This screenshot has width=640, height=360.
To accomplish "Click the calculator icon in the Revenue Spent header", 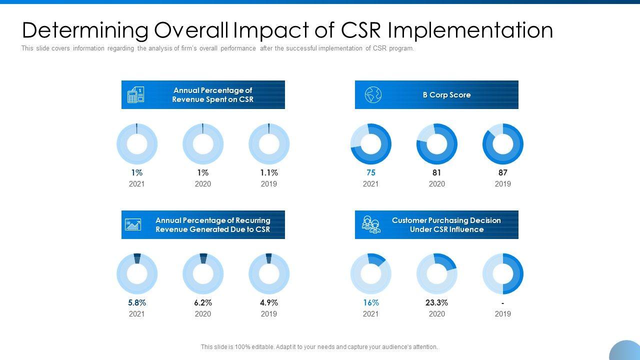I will click(135, 95).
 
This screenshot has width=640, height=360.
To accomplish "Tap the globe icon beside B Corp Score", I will click(373, 94).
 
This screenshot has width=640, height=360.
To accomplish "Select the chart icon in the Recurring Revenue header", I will click(133, 224).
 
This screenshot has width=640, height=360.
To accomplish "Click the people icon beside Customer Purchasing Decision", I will click(371, 224).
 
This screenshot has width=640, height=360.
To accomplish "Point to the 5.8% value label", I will click(136, 302).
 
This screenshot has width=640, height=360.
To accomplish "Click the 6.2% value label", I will click(202, 302).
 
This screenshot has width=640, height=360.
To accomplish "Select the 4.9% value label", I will click(268, 302).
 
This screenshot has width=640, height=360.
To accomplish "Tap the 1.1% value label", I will click(268, 172).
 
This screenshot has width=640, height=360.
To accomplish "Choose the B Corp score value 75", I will click(370, 172).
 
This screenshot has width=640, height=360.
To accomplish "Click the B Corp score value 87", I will click(502, 172).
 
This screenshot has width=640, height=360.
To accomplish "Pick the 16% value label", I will click(370, 302).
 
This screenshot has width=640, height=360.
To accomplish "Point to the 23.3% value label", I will click(436, 302).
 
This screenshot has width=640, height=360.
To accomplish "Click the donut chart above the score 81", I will click(436, 144).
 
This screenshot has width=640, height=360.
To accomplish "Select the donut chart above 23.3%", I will click(436, 274).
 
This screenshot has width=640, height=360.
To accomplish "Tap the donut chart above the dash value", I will click(502, 274).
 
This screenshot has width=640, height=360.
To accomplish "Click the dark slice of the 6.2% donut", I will click(203, 258).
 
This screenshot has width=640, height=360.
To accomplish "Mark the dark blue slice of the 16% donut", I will click(377, 258).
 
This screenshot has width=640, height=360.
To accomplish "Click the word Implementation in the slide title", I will click(470, 30).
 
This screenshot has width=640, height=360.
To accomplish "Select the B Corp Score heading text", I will click(446, 95).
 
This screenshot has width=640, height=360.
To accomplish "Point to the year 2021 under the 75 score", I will click(370, 184).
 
